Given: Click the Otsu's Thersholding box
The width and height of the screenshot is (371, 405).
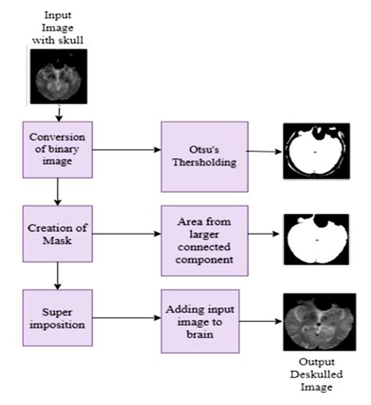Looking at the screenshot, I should click(x=204, y=157).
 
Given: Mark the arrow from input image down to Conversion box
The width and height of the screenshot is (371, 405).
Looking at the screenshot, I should click(x=58, y=112).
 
